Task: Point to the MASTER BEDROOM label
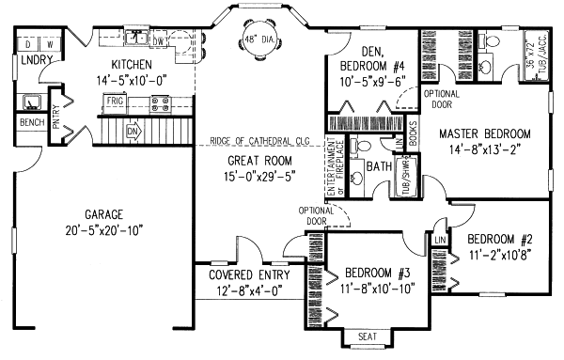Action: [484, 133]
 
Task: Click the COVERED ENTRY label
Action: [241, 275]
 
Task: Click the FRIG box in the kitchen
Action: [116, 99]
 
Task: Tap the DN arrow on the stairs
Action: [133, 131]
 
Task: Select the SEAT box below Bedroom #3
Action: [364, 337]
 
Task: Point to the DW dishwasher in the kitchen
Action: [160, 41]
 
